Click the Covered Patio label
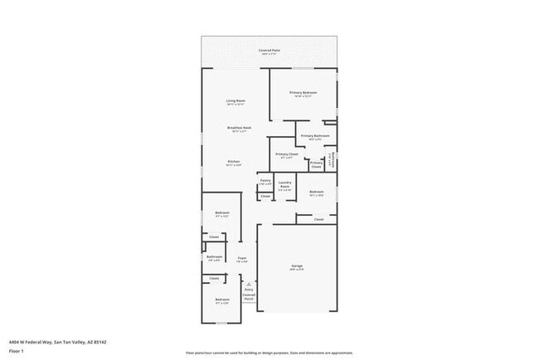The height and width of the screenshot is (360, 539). click(x=269, y=51)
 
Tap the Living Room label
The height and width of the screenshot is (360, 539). click(x=236, y=101)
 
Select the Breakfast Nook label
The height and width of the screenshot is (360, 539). click(x=240, y=128)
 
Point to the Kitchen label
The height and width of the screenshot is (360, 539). click(x=234, y=162)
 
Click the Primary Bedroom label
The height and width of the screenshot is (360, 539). click(x=303, y=93)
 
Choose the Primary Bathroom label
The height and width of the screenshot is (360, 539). click(x=315, y=136)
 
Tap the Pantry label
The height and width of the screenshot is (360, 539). click(x=265, y=180)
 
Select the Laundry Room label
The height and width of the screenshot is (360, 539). click(x=284, y=184)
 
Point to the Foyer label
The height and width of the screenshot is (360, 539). click(x=242, y=259)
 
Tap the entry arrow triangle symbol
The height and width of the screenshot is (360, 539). click(x=248, y=283)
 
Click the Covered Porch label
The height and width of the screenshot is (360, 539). click(x=249, y=296)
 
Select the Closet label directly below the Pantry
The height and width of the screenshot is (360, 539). click(x=265, y=196)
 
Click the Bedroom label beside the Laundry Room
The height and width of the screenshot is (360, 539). click(x=316, y=192)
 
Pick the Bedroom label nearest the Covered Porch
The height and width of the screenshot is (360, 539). click(x=222, y=299)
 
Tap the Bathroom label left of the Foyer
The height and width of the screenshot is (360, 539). click(x=214, y=258)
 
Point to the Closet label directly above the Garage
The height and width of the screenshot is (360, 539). click(x=318, y=220)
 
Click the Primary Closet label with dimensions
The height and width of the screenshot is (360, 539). click(x=287, y=155)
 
